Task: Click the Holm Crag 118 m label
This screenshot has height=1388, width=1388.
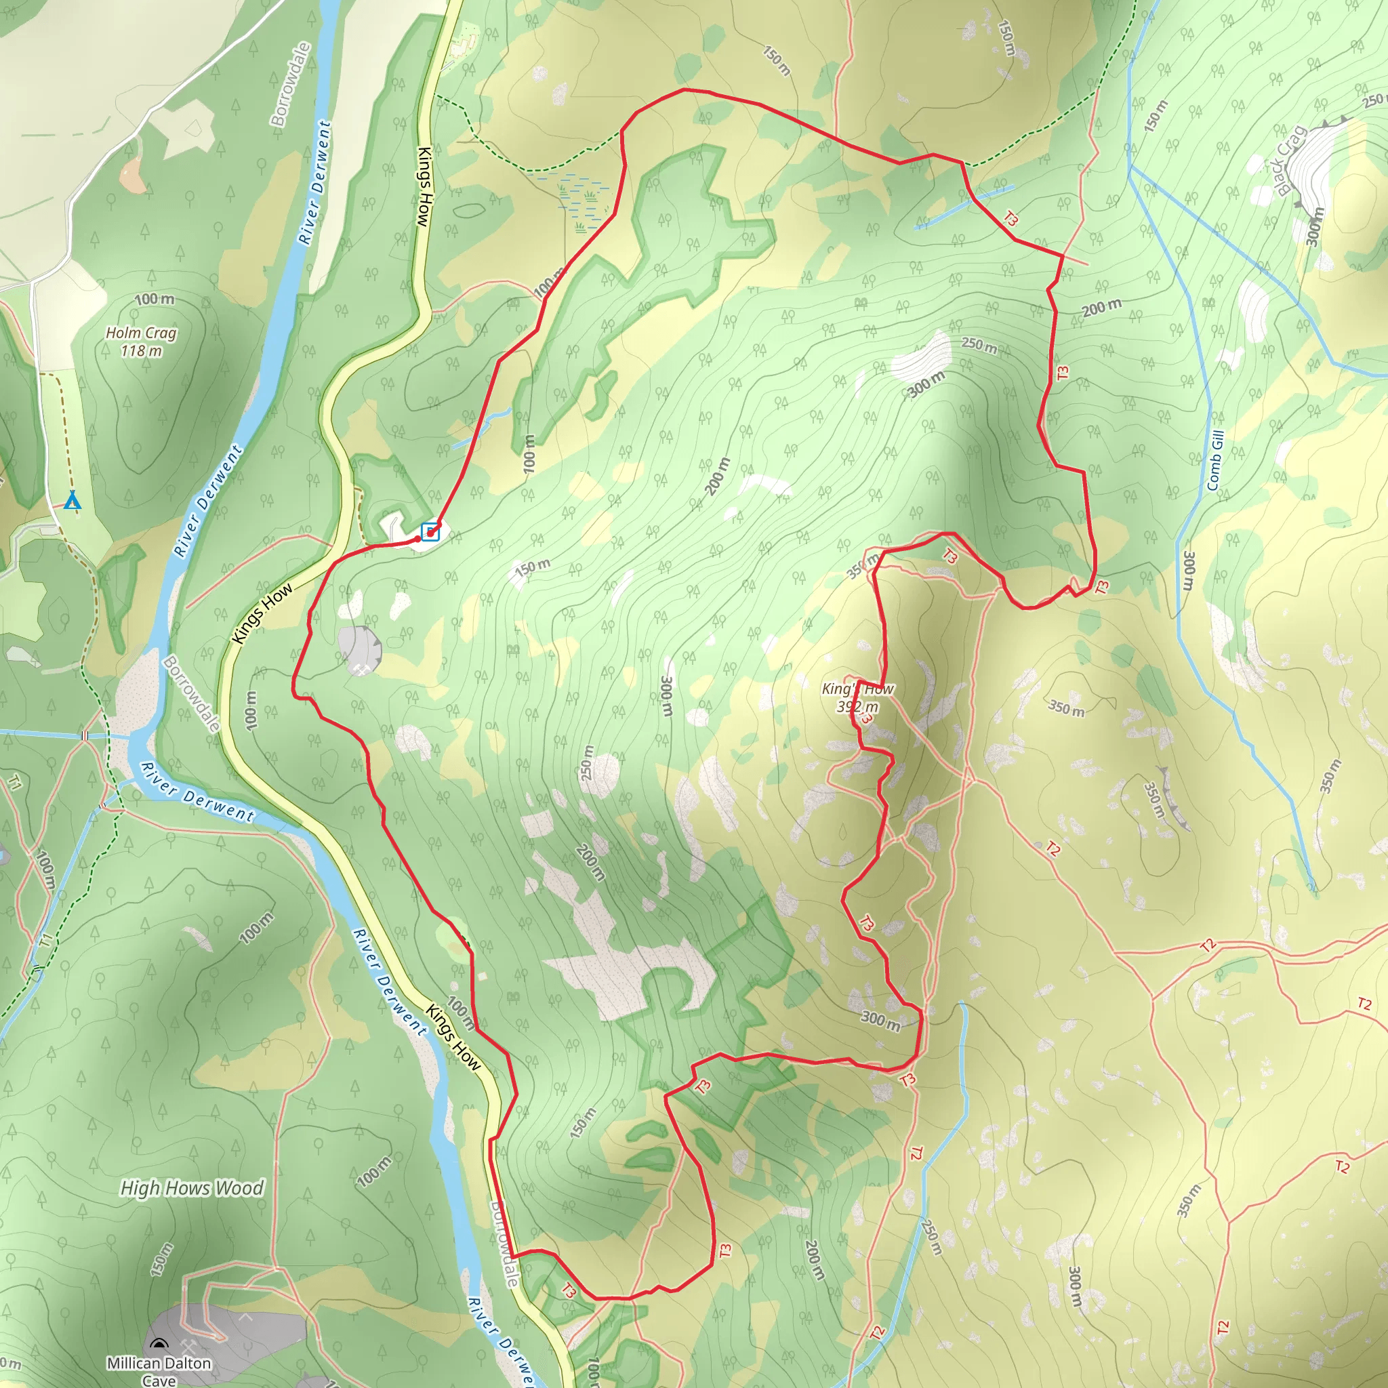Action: pyautogui.click(x=141, y=342)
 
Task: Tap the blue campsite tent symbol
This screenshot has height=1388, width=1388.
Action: pyautogui.click(x=72, y=500)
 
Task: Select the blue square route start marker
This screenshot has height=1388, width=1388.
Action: pyautogui.click(x=430, y=531)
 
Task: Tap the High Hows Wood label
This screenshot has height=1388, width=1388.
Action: pyautogui.click(x=192, y=1188)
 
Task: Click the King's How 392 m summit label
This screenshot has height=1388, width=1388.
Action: pyautogui.click(x=857, y=697)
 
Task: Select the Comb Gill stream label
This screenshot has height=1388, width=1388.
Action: pyautogui.click(x=1215, y=460)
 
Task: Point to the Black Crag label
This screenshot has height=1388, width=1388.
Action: pyautogui.click(x=1290, y=160)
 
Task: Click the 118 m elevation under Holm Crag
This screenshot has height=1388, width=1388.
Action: pyautogui.click(x=141, y=350)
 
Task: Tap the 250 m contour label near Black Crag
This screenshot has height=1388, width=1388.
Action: pyautogui.click(x=1374, y=100)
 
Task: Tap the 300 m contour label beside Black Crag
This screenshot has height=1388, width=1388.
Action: pyautogui.click(x=1314, y=227)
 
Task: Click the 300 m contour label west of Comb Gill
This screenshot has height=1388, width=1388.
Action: pyautogui.click(x=1189, y=571)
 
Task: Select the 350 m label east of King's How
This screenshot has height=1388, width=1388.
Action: pyautogui.click(x=1066, y=708)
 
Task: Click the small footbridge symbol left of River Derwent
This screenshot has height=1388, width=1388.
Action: pyautogui.click(x=85, y=735)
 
